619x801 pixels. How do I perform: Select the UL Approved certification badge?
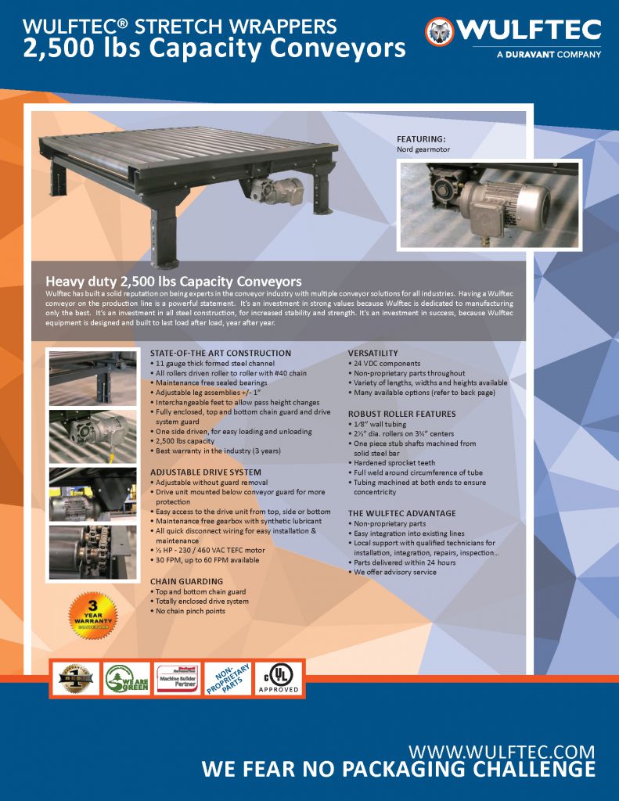[280, 677]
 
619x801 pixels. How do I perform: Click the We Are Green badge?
[127, 677]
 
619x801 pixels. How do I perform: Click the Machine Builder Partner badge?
[178, 677]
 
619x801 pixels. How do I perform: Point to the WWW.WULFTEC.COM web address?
[502, 752]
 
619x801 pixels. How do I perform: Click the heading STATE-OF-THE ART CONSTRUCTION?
[220, 354]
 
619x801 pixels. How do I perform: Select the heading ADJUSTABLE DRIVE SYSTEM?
[206, 472]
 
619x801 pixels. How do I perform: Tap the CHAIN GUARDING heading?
[186, 581]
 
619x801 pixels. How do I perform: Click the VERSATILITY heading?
[372, 354]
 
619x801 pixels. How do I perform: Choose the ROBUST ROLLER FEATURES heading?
[401, 414]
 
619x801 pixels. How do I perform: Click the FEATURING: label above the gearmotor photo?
[421, 138]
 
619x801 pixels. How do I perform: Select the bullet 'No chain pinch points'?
[191, 611]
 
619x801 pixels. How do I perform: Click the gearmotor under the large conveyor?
[279, 190]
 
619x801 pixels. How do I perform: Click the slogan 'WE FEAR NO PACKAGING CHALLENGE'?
[398, 770]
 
